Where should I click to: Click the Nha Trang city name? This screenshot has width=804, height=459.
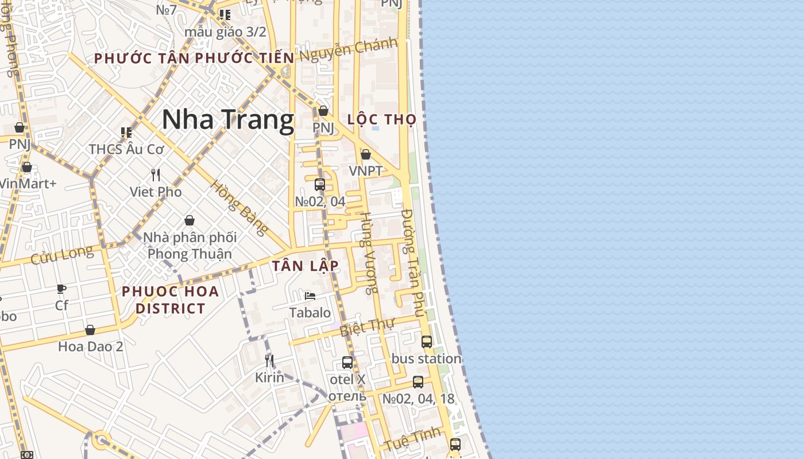[228, 119]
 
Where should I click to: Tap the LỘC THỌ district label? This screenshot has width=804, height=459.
[382, 119]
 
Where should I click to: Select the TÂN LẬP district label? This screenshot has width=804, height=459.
[306, 266]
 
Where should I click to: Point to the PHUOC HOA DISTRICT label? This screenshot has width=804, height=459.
[171, 299]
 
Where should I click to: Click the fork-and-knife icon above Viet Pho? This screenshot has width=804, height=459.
[155, 174]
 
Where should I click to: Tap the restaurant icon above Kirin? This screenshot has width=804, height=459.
[269, 360]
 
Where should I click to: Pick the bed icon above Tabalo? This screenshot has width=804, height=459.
[310, 296]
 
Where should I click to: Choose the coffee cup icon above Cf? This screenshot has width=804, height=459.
[61, 289]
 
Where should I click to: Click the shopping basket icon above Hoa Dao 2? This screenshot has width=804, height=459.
[90, 330]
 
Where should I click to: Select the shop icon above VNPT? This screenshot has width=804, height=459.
[366, 154]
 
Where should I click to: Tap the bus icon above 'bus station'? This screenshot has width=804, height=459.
[427, 342]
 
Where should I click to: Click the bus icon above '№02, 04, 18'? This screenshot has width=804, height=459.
[418, 382]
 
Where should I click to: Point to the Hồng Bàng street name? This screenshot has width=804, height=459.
[239, 208]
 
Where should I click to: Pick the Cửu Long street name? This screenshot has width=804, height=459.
[61, 254]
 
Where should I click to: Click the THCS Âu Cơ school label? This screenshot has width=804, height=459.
[126, 149]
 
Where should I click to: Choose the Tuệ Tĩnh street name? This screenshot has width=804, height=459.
[412, 439]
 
